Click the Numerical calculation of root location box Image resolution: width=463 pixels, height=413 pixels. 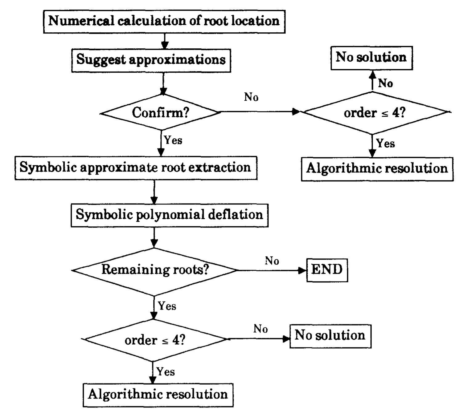point(164,21)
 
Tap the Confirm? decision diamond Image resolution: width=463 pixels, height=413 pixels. point(160,112)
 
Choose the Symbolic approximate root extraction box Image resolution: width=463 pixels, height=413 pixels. point(136,168)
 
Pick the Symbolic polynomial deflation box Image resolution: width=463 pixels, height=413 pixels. point(170,215)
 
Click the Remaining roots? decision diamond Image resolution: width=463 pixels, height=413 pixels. point(155,270)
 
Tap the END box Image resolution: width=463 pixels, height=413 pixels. point(327,270)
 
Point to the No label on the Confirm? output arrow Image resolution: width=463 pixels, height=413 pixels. point(251,97)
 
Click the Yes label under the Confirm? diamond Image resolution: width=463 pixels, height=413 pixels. point(173,140)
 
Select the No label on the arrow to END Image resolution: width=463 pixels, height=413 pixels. point(272,261)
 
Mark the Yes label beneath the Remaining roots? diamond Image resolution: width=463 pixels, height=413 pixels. point(167,306)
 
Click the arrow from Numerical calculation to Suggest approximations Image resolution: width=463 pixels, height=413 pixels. point(165,41)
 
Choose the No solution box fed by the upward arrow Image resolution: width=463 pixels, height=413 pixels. point(371,58)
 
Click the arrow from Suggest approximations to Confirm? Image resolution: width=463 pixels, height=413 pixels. point(163,83)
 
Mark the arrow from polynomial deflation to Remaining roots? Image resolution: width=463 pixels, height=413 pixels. point(154,237)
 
